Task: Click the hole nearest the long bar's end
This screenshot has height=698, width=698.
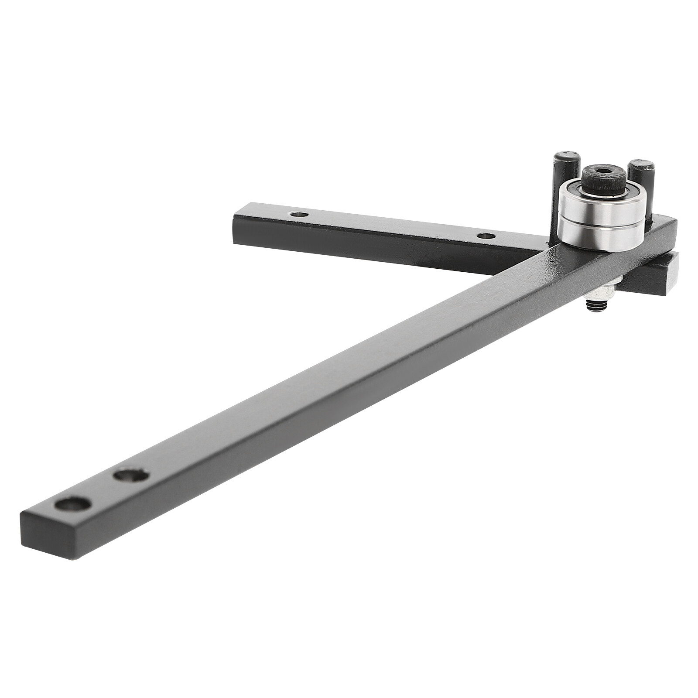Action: point(73,504)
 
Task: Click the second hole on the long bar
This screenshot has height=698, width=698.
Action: point(131,475)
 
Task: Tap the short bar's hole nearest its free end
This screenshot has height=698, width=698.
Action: point(299,214)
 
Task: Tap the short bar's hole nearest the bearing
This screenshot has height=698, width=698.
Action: point(486,236)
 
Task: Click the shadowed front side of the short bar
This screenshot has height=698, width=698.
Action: point(371,249)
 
